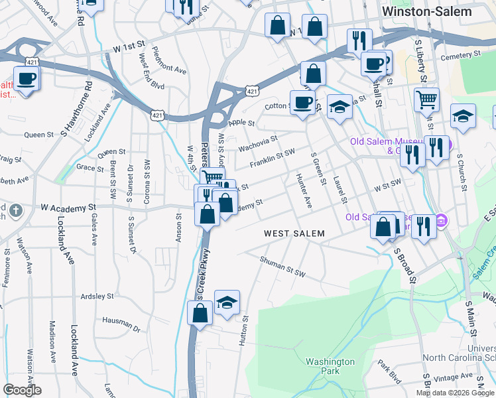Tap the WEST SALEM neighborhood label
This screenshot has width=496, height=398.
pos(294,233)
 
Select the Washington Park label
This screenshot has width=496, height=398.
pos(330,366)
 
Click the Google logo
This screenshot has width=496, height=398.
pos(22,390)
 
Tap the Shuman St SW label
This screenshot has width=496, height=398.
pos(282,265)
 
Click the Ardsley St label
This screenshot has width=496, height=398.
pos(97,297)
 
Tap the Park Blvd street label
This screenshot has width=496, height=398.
pos(390,371)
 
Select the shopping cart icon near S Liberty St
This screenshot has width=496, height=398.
pos(426,100)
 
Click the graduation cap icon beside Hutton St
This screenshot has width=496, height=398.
pos(227,302)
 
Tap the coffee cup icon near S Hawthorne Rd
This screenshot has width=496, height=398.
pos(27,79)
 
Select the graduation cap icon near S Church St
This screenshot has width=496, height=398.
pos(462,116)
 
